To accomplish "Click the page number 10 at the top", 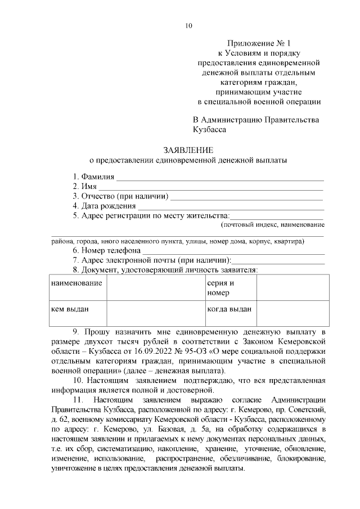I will point(188,25).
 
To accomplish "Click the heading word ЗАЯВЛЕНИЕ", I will point(188,150).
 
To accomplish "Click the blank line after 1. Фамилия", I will point(219,178).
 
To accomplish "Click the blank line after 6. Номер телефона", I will point(233,251).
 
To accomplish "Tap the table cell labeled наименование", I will point(76,283).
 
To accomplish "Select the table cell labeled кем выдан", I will point(70,308).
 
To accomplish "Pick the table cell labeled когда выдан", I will point(229,308).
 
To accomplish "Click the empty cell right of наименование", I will point(155,288).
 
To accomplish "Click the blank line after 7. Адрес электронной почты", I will point(278,262).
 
